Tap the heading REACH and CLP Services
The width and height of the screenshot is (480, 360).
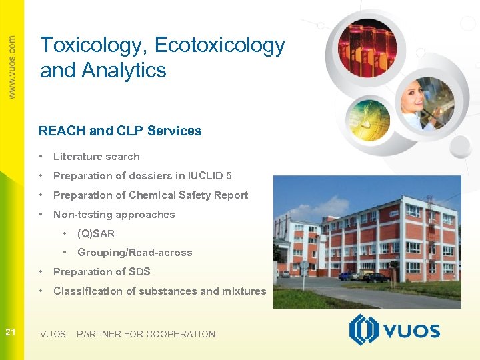tap(120, 131)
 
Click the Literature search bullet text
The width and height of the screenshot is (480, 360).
tap(96, 157)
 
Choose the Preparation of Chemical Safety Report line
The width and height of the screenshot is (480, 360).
tap(150, 195)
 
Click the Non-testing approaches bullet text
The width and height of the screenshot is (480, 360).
tap(113, 215)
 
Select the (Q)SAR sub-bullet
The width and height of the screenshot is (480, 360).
tap(95, 233)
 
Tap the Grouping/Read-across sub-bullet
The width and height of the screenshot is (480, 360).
tap(134, 253)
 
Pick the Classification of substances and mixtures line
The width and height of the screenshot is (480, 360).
tap(159, 291)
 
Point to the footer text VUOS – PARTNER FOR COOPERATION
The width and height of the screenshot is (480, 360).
tap(127, 334)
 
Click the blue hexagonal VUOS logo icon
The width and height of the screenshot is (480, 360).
tap(364, 330)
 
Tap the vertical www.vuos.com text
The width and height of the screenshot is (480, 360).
tap(12, 67)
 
